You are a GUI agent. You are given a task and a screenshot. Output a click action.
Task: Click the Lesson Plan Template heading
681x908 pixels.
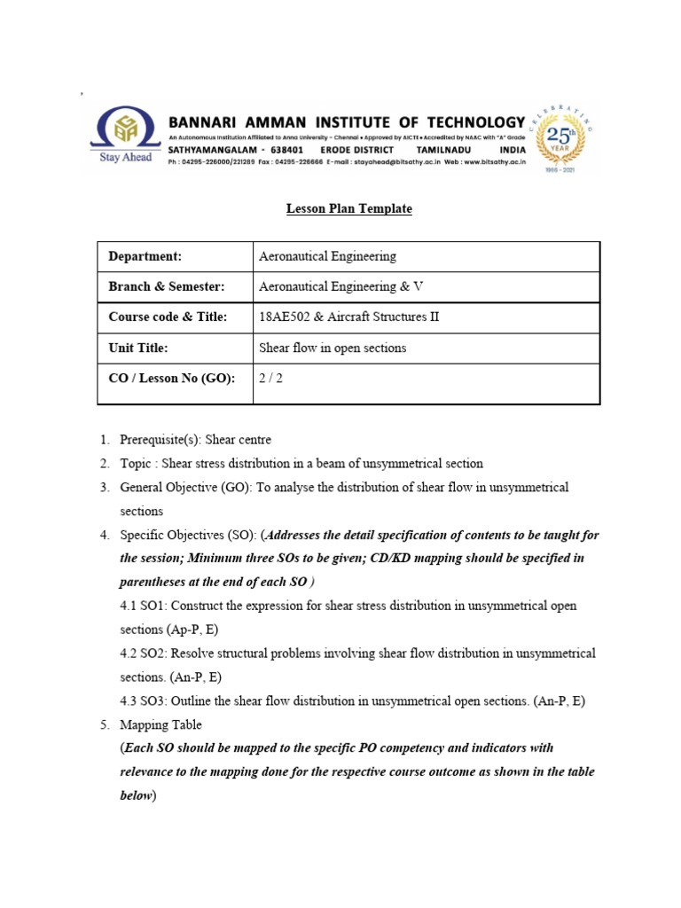coord(348,209)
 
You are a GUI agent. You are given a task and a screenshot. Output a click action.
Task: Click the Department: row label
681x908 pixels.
coord(145,256)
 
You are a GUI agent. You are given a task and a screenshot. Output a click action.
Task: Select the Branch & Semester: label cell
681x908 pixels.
coord(166,286)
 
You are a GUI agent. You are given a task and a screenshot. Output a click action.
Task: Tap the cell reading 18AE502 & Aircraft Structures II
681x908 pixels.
coord(348,317)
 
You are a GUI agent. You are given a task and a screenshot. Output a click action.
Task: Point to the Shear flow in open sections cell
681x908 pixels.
coord(332,348)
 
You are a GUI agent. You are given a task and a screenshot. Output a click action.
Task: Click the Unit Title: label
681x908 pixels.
coord(137,348)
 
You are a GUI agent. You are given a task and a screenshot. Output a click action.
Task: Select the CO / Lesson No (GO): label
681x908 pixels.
coord(171,379)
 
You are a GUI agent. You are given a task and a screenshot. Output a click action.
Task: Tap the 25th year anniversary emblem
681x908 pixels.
coord(564,139)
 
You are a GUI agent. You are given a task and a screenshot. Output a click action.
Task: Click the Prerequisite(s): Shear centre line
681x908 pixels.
coord(195,440)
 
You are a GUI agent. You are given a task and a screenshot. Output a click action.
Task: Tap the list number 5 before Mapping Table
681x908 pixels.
coord(103,724)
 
